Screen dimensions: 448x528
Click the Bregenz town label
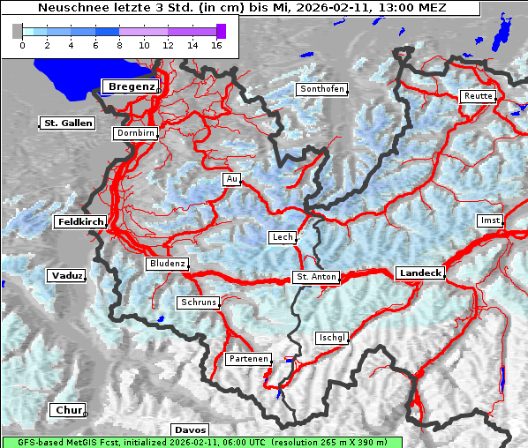tap(131, 86)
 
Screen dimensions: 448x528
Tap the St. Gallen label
tap(68, 123)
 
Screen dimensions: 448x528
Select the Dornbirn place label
tap(136, 133)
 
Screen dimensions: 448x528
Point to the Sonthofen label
tap(321, 89)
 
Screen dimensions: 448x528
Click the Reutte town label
tap(478, 96)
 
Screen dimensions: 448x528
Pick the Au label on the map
tap(232, 179)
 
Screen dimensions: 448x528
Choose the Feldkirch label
tap(80, 222)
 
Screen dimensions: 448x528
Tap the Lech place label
tap(283, 237)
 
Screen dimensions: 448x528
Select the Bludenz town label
tap(167, 264)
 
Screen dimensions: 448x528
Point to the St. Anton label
tap(316, 277)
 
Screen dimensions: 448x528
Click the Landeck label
tap(420, 273)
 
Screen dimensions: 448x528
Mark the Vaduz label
tap(66, 276)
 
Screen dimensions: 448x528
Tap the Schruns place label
tap(198, 302)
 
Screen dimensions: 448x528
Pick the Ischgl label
tap(332, 338)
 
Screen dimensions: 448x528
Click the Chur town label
tap(67, 410)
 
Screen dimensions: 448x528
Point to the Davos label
tap(190, 429)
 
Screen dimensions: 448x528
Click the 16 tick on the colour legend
tap(215, 44)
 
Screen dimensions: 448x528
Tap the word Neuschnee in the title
tap(68, 8)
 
